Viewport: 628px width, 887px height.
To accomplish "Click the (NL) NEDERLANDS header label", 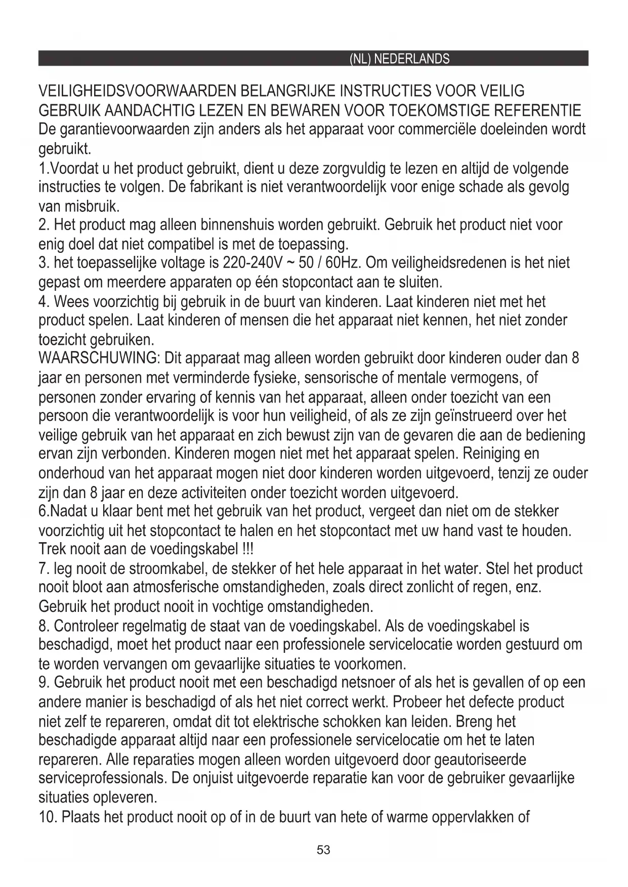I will [x=399, y=59].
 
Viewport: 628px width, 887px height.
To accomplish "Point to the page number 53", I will [x=323, y=850].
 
